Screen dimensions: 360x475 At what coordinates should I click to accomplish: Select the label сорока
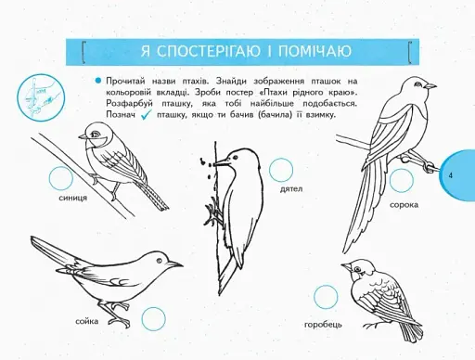(x=404, y=203)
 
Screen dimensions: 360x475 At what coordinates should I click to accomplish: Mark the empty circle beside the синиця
(x=60, y=177)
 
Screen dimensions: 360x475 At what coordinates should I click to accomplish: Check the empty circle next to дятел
(x=280, y=169)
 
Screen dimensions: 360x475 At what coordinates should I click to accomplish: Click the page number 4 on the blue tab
(x=450, y=174)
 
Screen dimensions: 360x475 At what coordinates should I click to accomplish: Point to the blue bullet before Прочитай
(x=96, y=82)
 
